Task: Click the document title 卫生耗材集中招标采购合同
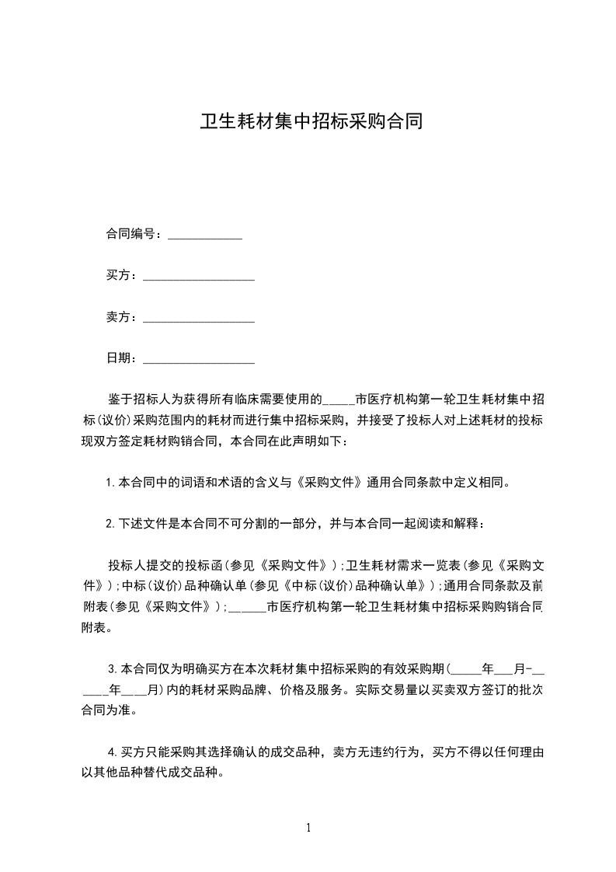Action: pyautogui.click(x=311, y=122)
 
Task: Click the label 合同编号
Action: pyautogui.click(x=131, y=234)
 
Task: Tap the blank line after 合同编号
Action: pyautogui.click(x=205, y=236)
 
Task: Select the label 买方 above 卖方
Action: pyautogui.click(x=119, y=275)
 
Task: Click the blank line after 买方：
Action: pyautogui.click(x=199, y=277)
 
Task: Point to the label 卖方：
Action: pyautogui.click(x=122, y=317)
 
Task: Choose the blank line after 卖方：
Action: pyautogui.click(x=199, y=319)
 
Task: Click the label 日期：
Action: pyautogui.click(x=122, y=358)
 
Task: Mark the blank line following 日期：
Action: pyautogui.click(x=199, y=361)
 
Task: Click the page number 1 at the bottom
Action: pyautogui.click(x=308, y=828)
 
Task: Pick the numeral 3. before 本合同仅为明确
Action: pyautogui.click(x=113, y=668)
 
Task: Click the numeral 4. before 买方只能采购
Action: pyautogui.click(x=112, y=752)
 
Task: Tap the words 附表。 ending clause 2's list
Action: pyautogui.click(x=96, y=627)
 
